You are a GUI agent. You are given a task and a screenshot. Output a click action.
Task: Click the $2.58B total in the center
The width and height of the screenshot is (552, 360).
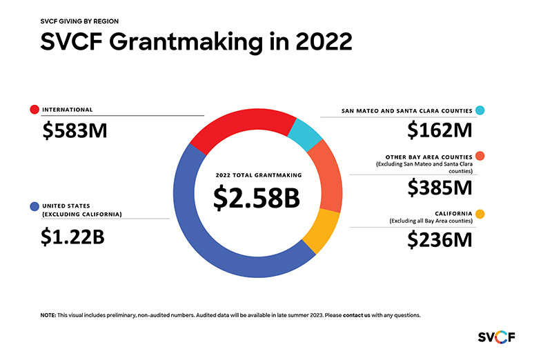click(x=256, y=197)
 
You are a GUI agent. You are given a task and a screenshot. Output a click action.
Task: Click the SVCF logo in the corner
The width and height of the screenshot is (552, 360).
click(x=497, y=337)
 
